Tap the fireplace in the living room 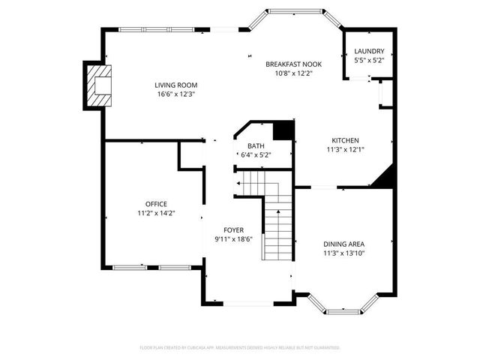98,85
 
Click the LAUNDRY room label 368,51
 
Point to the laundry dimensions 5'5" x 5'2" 368,60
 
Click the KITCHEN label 345,140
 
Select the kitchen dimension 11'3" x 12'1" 345,149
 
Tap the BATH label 256,145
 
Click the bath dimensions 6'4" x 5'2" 255,154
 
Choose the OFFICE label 156,204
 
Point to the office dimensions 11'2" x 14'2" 156,213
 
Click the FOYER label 233,229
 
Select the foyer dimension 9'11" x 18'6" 233,238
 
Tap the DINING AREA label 344,244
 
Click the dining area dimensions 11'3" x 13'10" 344,253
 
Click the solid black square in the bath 283,131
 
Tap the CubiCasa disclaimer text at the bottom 240,347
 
